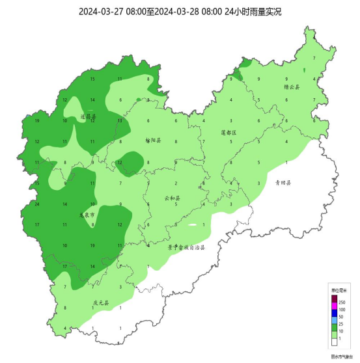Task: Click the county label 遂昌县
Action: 88,116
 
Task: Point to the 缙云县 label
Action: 292,87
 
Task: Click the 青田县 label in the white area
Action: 282,183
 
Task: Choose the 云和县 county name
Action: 172,198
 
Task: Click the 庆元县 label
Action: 100,303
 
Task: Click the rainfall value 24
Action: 37,204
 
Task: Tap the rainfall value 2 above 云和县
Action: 174,183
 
